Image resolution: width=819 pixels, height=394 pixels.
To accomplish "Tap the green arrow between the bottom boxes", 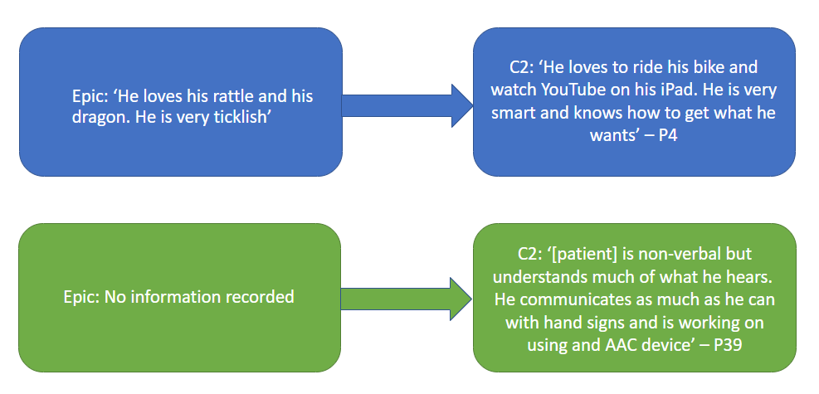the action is point(407,298).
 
